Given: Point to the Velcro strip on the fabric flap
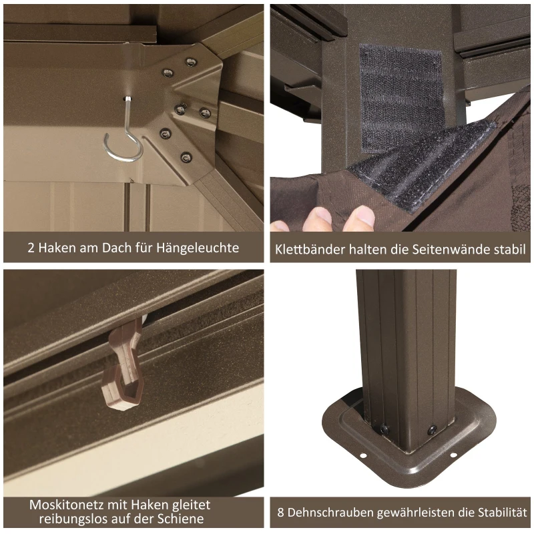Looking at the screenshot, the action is (x=423, y=164).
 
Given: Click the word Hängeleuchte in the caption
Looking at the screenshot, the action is (x=198, y=248).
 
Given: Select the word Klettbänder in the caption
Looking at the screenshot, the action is (x=310, y=249).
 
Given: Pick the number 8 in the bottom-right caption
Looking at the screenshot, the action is (x=280, y=513).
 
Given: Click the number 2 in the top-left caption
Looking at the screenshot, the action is (x=31, y=248).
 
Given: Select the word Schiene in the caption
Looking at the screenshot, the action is (x=180, y=519).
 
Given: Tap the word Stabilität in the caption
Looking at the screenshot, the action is (x=503, y=512).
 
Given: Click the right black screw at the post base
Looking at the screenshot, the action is (x=433, y=429).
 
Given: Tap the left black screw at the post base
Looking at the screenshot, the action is (x=384, y=429).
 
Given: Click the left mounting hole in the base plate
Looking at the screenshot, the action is (x=362, y=455).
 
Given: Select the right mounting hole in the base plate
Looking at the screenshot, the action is (x=453, y=455).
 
